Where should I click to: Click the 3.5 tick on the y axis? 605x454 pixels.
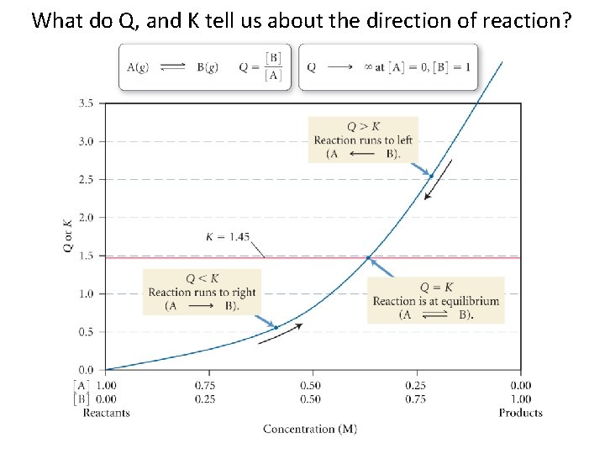point(86,103)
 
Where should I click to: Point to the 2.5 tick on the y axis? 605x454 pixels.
point(86,179)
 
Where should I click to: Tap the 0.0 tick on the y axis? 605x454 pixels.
point(86,370)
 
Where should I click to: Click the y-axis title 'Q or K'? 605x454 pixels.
point(67,236)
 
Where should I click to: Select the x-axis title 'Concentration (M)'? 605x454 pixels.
point(310,429)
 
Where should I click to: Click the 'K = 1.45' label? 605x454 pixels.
point(228,237)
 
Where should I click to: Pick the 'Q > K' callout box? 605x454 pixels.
point(363,140)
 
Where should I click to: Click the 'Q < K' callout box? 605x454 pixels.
point(202,292)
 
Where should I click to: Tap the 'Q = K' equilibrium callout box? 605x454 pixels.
point(435,300)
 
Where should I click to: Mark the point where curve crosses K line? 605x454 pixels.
point(368,257)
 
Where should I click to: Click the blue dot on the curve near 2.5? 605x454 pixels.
point(431,176)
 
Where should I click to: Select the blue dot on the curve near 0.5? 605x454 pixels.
point(276,327)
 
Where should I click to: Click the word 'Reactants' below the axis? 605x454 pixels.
point(107,413)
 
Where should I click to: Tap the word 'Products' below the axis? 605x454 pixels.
point(520,413)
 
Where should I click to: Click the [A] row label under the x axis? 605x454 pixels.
point(82,385)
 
